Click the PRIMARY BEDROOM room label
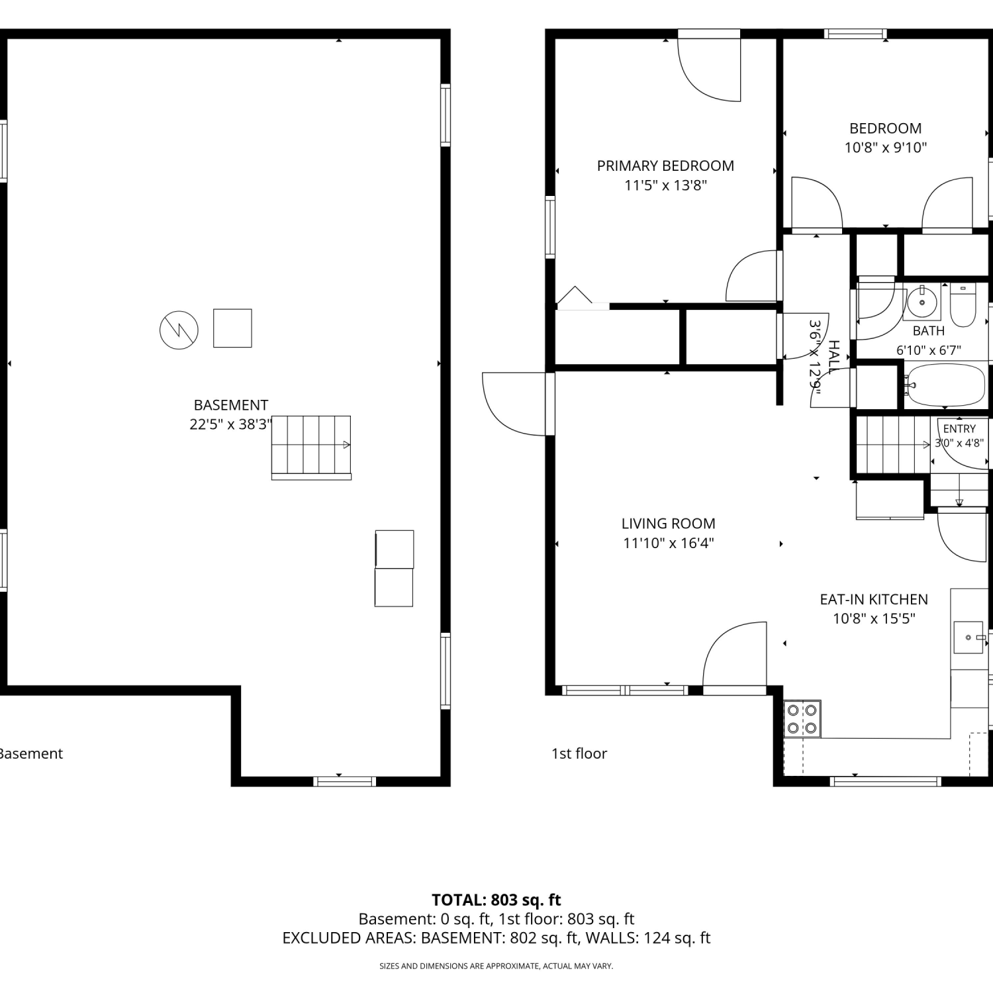pyautogui.click(x=665, y=165)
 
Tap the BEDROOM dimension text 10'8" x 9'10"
pyautogui.click(x=885, y=148)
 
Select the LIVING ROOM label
pyautogui.click(x=668, y=524)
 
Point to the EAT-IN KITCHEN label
pyautogui.click(x=874, y=599)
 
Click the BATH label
pyautogui.click(x=929, y=330)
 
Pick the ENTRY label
pyautogui.click(x=959, y=429)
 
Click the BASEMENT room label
pyautogui.click(x=230, y=405)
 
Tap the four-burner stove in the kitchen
pyautogui.click(x=802, y=719)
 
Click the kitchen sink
pyautogui.click(x=969, y=637)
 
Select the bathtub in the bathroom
pyautogui.click(x=946, y=384)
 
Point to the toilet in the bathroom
pyautogui.click(x=963, y=305)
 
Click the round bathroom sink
pyautogui.click(x=922, y=303)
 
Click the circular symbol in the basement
pyautogui.click(x=179, y=330)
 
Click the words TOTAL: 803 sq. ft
pyautogui.click(x=496, y=900)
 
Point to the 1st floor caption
pyautogui.click(x=579, y=753)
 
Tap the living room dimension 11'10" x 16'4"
pyautogui.click(x=668, y=544)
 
